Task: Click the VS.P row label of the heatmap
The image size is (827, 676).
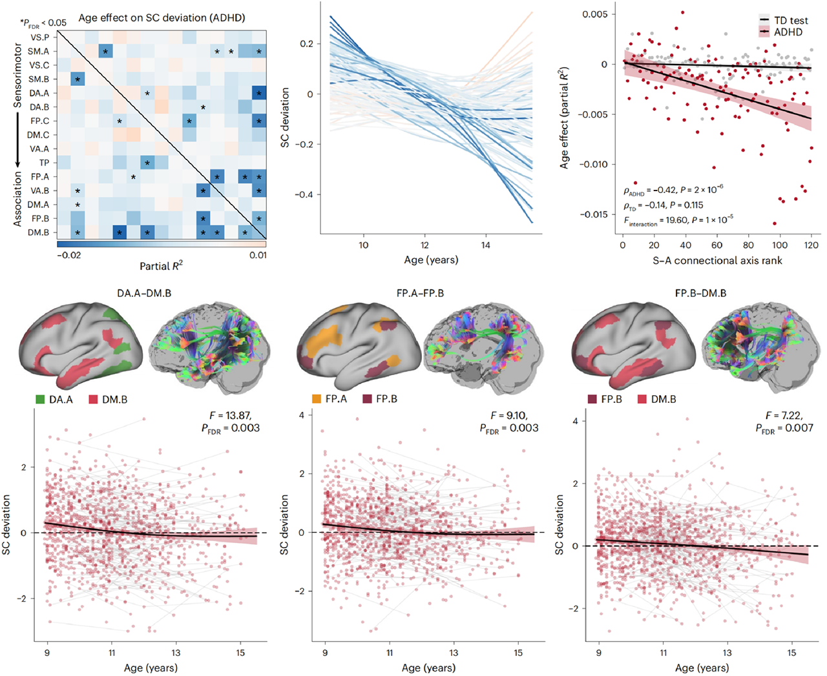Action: tap(39, 37)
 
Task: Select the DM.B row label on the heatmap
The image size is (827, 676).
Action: tap(38, 232)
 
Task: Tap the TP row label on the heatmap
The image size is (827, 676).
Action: tap(45, 163)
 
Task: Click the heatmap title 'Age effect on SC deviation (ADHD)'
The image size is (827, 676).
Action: tap(162, 18)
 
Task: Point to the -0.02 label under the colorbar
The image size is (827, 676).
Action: tap(69, 255)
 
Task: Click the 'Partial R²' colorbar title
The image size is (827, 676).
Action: tap(161, 266)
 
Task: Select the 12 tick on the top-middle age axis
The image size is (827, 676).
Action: tap(424, 245)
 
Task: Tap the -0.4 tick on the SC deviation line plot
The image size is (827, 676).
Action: tap(308, 194)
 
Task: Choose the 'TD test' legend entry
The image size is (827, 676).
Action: tap(784, 21)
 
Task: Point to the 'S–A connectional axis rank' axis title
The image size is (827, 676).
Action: tap(717, 261)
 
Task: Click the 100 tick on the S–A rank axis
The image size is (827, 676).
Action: tap(780, 245)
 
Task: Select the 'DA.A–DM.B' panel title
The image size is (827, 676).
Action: tap(144, 293)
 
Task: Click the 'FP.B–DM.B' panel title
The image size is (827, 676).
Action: tap(700, 293)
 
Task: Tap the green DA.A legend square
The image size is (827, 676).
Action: tap(40, 399)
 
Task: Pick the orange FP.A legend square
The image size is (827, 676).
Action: tap(317, 399)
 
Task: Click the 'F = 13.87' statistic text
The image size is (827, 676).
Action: tap(230, 415)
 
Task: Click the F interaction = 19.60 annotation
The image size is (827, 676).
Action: tap(678, 220)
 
